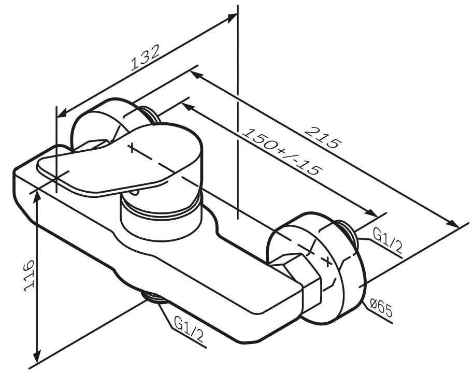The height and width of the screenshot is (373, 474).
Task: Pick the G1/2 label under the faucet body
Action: click(x=189, y=331)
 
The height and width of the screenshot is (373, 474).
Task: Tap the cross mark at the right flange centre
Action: click(x=327, y=261)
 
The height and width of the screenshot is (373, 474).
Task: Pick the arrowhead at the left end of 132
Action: click(x=60, y=113)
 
